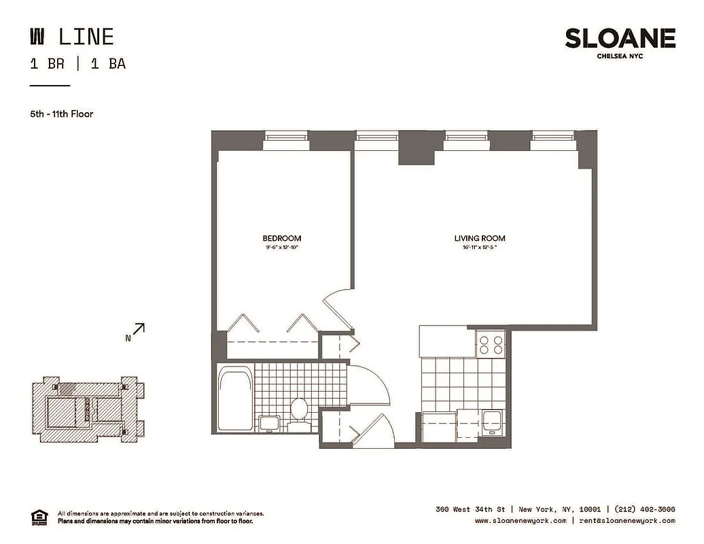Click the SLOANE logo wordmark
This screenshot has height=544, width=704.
click(620, 38)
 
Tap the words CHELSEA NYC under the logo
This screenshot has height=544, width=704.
click(620, 56)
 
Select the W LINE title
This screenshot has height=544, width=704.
click(71, 36)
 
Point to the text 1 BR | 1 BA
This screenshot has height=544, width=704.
click(77, 64)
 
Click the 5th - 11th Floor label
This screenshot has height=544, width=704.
click(61, 114)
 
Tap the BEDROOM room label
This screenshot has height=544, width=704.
click(281, 238)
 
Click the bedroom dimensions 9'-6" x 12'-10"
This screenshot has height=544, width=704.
click(281, 248)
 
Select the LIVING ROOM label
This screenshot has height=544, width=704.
click(480, 238)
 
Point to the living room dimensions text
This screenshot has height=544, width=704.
click(480, 248)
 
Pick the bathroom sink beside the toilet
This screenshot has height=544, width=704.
click(269, 422)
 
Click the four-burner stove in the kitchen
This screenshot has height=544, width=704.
click(490, 344)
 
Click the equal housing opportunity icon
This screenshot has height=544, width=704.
click(40, 517)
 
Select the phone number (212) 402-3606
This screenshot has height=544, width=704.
click(645, 509)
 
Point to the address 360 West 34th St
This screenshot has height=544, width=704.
click(472, 509)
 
